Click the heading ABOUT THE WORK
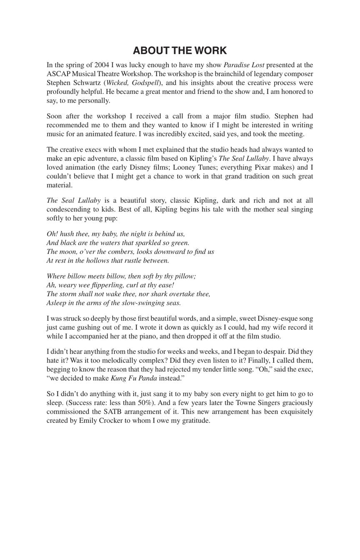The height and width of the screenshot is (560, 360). coord(180,51)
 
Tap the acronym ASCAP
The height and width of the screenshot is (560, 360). coord(59,74)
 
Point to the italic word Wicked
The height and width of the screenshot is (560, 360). coord(117,83)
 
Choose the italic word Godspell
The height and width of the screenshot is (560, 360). coord(145,83)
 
